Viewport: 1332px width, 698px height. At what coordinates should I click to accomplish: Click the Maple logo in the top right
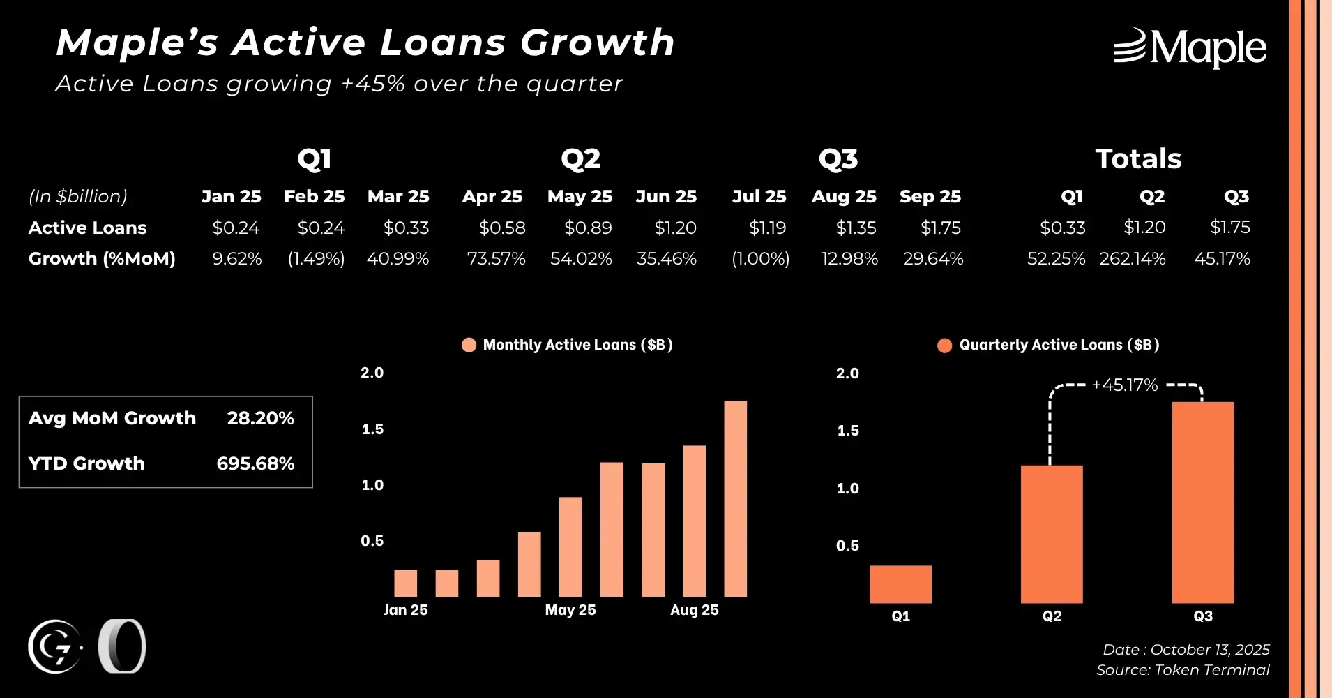point(1190,47)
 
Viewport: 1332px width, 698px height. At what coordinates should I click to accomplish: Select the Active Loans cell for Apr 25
point(501,228)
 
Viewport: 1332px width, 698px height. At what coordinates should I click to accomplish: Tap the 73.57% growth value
point(496,259)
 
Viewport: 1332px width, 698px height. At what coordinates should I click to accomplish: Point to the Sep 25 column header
point(930,197)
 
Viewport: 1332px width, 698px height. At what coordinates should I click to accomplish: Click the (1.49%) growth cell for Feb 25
point(316,259)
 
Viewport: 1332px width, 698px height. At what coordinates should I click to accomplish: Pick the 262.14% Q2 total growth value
point(1132,259)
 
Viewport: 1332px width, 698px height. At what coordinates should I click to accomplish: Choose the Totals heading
point(1138,159)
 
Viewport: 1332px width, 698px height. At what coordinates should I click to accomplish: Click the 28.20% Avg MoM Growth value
point(260,418)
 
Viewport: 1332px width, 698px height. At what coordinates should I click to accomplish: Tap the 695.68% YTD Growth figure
point(255,463)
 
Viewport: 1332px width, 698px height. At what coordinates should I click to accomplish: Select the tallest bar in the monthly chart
point(735,498)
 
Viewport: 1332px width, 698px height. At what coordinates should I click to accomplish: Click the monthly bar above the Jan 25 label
point(405,584)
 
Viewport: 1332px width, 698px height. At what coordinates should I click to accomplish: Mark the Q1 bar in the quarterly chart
point(900,584)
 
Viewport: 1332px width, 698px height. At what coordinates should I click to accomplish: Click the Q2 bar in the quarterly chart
point(1052,534)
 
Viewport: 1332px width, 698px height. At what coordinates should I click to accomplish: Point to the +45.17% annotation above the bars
point(1124,385)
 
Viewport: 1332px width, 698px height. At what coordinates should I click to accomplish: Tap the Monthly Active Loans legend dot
point(469,345)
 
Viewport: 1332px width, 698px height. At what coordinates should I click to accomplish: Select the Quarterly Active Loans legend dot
point(944,346)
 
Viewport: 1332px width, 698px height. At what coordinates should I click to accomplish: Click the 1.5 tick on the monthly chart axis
point(372,429)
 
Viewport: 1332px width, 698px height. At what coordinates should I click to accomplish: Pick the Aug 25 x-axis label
point(694,610)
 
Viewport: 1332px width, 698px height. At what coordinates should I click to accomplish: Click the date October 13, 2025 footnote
point(1186,650)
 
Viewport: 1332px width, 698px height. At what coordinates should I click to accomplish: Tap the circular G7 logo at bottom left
point(55,647)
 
